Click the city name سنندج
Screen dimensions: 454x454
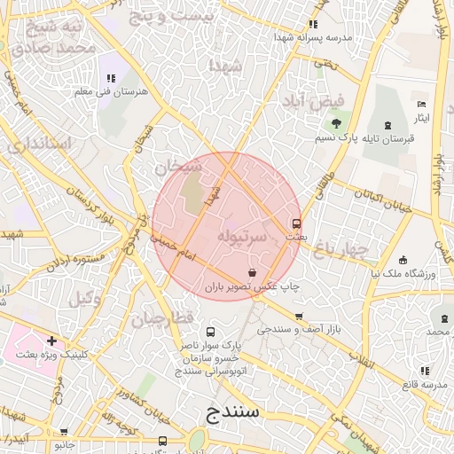tap(231, 412)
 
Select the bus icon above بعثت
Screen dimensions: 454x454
tap(296, 223)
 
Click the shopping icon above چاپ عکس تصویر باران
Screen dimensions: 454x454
tap(254, 273)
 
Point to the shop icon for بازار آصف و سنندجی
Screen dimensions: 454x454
tap(299, 316)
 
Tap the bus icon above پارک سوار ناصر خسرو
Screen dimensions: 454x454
tap(210, 330)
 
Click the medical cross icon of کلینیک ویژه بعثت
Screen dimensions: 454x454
tap(52, 340)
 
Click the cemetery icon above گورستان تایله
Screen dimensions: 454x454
tap(387, 125)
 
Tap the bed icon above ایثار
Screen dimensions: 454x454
tap(421, 105)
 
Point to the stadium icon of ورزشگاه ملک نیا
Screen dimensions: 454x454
tap(403, 261)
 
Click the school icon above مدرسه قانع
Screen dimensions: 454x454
tap(424, 371)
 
